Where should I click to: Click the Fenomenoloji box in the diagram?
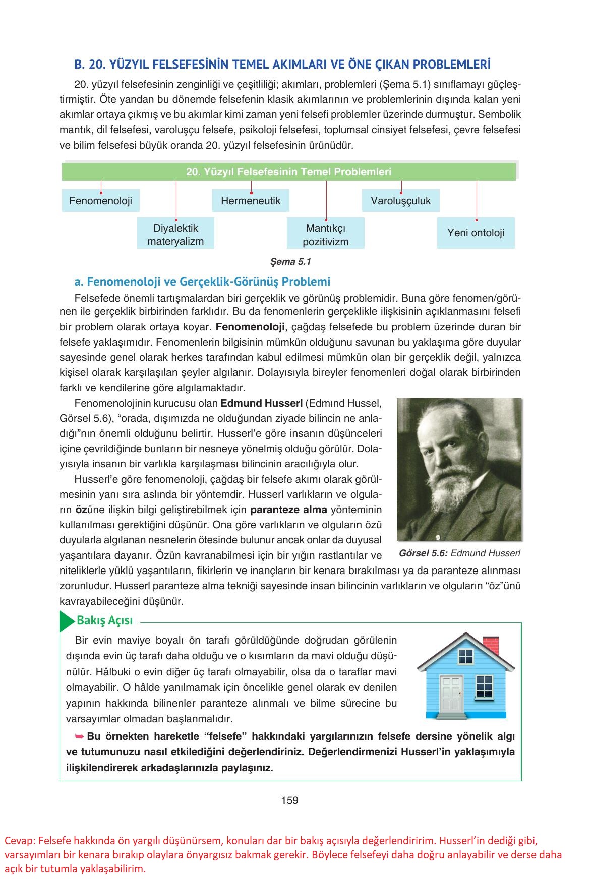100,201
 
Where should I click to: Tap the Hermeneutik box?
251,201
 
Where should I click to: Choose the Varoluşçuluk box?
401,201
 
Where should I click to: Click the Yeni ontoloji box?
476,233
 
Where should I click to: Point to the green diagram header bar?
288,172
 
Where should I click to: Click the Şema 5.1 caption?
291,261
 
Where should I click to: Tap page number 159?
290,800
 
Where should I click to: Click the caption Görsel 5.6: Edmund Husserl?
459,553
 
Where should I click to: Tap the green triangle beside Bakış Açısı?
66,621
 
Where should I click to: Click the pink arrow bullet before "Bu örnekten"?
79,736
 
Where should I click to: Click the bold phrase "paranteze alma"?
288,509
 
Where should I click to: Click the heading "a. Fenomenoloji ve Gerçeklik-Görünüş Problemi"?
202,281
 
